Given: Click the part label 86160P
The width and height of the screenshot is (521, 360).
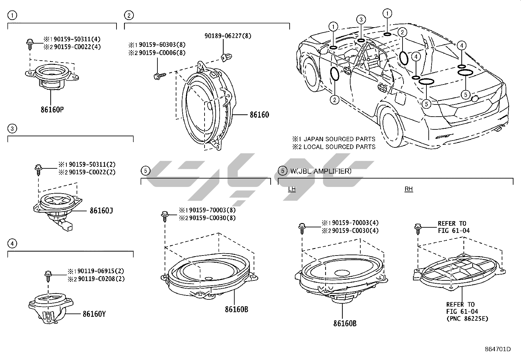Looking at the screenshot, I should (x=52, y=109).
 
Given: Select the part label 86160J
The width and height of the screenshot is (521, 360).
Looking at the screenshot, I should (x=101, y=210).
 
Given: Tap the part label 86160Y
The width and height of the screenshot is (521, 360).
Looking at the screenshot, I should (x=94, y=314).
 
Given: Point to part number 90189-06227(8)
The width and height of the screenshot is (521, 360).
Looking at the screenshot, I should (x=228, y=36).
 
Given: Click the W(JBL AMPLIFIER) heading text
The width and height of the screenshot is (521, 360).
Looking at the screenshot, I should (x=321, y=171).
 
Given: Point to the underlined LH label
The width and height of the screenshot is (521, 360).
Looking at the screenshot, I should (x=292, y=189).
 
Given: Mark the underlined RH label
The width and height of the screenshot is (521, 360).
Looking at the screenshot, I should (x=408, y=189).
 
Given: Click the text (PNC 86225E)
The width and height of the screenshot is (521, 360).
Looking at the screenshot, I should (x=467, y=318).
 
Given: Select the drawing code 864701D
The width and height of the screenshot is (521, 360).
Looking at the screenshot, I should (x=498, y=349).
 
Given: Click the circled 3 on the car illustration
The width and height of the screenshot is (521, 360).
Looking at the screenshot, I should (x=361, y=19).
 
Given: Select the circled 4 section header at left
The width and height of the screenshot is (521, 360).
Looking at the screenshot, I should (x=12, y=243).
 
